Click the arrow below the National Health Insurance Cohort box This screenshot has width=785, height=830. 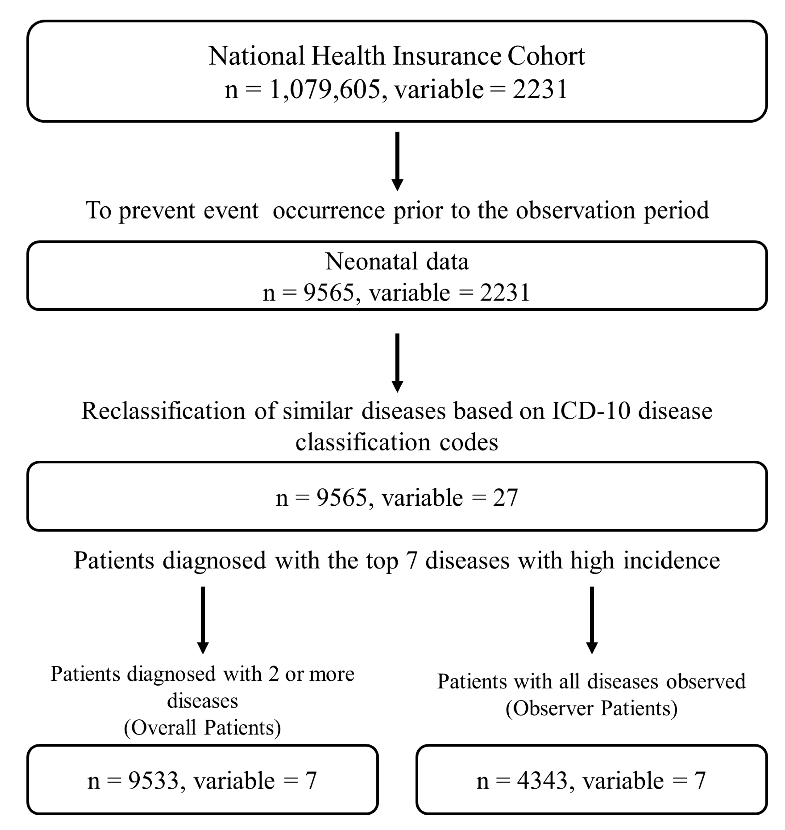click(x=397, y=161)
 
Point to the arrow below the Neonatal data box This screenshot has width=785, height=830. click(x=397, y=363)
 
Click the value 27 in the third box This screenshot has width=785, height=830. click(x=505, y=498)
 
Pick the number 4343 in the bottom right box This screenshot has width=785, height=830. click(x=542, y=781)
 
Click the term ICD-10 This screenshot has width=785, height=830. click(x=591, y=411)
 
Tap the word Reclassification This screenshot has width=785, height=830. click(x=163, y=411)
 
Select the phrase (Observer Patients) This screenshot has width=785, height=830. click(x=591, y=709)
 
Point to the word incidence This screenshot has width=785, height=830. click(x=671, y=560)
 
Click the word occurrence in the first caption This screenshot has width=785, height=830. click(x=329, y=210)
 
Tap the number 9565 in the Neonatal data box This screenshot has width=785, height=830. click(x=329, y=292)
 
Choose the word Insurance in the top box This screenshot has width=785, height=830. click(x=446, y=56)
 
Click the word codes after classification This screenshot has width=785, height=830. click(x=468, y=442)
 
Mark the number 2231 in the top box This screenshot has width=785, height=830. click(x=540, y=89)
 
